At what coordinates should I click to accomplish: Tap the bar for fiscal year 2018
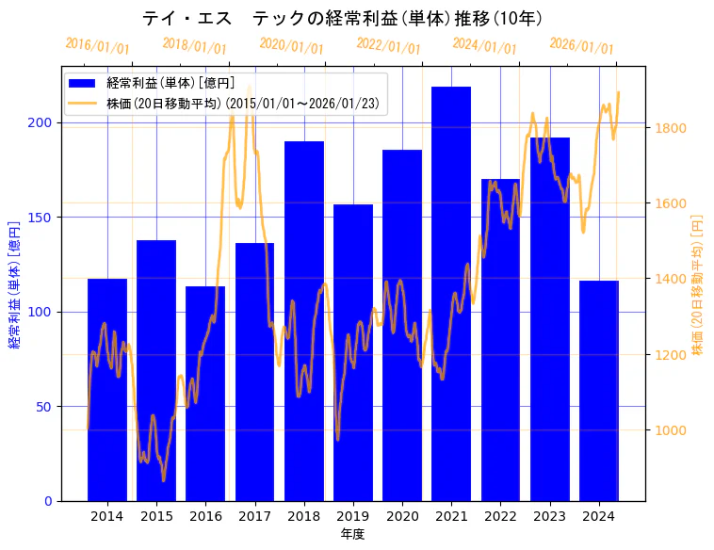[304, 321]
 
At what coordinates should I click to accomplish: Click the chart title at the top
[342, 19]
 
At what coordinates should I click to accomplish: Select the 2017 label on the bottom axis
[254, 515]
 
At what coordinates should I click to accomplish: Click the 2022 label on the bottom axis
[500, 515]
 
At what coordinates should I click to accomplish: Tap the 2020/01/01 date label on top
[291, 46]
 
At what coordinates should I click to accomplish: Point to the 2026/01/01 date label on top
[581, 46]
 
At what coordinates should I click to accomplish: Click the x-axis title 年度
[352, 534]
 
